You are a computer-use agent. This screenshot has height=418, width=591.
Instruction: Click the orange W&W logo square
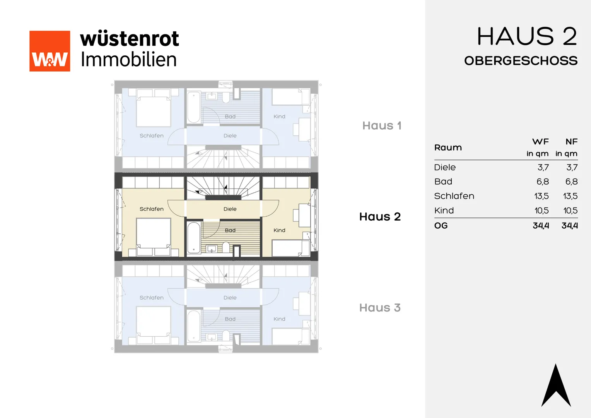(x=50, y=51)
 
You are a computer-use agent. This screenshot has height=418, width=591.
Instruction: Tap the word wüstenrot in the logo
(x=130, y=39)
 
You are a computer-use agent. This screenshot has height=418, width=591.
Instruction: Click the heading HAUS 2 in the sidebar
(x=527, y=36)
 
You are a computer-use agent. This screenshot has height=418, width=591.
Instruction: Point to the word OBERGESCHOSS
(x=521, y=61)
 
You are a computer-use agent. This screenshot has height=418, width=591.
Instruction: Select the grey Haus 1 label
(x=382, y=126)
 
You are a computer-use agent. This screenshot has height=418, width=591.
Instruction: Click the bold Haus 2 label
(x=380, y=217)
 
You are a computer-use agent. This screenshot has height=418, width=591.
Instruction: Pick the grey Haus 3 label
(x=380, y=308)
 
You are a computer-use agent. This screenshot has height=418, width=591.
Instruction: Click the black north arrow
(x=556, y=385)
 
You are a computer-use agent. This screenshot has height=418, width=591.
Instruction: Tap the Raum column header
(x=448, y=147)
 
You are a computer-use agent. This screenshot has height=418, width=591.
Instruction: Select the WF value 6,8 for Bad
(x=543, y=182)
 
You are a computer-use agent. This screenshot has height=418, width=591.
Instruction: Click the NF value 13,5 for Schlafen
(x=571, y=196)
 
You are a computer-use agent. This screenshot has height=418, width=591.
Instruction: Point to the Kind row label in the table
(x=444, y=211)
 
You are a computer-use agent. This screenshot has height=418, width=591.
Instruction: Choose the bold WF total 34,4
(x=541, y=226)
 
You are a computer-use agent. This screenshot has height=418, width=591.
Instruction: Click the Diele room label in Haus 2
(x=230, y=209)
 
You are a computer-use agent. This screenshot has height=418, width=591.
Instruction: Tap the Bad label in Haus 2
(x=230, y=230)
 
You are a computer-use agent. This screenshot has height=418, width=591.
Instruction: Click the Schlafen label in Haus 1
(x=152, y=136)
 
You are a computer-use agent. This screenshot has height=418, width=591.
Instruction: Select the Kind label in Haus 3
(x=279, y=319)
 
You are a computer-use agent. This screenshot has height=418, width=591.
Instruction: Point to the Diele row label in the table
(x=445, y=168)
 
